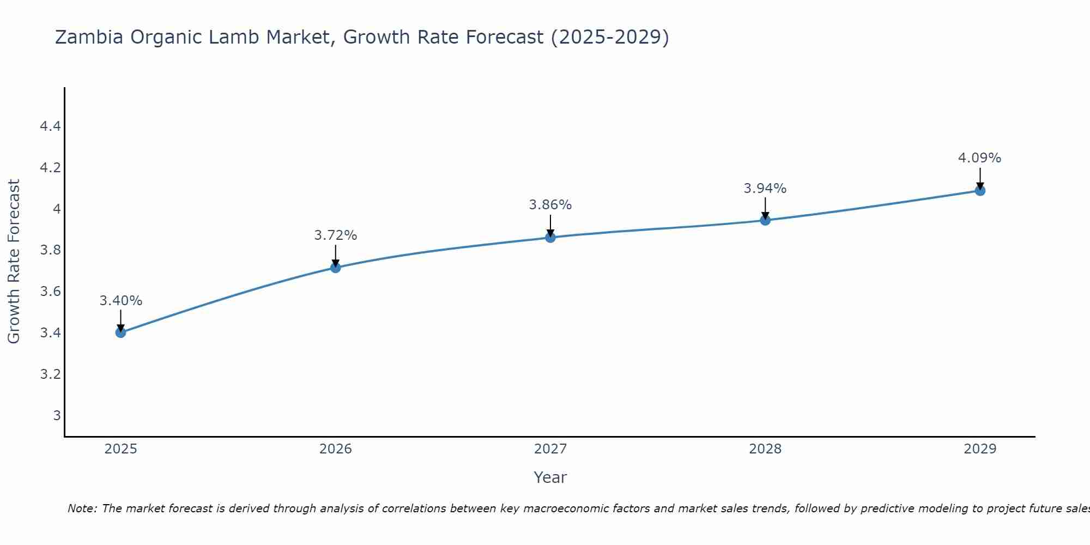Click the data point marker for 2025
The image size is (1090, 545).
tap(120, 332)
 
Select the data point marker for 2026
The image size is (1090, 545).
tap(336, 268)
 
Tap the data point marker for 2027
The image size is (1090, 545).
tap(550, 237)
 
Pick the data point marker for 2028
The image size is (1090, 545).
tap(765, 220)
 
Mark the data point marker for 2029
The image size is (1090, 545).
tap(980, 190)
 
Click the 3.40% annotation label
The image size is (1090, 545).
tap(120, 301)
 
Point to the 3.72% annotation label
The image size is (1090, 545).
tap(336, 235)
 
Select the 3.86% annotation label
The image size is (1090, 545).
tap(550, 205)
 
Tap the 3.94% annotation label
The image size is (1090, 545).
tap(765, 189)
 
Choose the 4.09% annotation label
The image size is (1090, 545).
tap(980, 158)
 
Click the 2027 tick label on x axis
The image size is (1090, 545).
tap(550, 449)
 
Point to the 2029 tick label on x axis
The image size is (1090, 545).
tap(980, 449)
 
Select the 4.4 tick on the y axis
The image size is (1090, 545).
tap(50, 126)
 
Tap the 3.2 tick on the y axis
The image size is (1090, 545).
tap(50, 374)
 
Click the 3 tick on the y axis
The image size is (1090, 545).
tap(57, 416)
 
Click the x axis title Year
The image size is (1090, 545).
tap(550, 477)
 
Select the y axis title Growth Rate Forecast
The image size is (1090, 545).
tap(14, 262)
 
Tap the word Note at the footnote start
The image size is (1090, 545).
tap(81, 508)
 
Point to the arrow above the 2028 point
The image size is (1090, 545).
tap(765, 208)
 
